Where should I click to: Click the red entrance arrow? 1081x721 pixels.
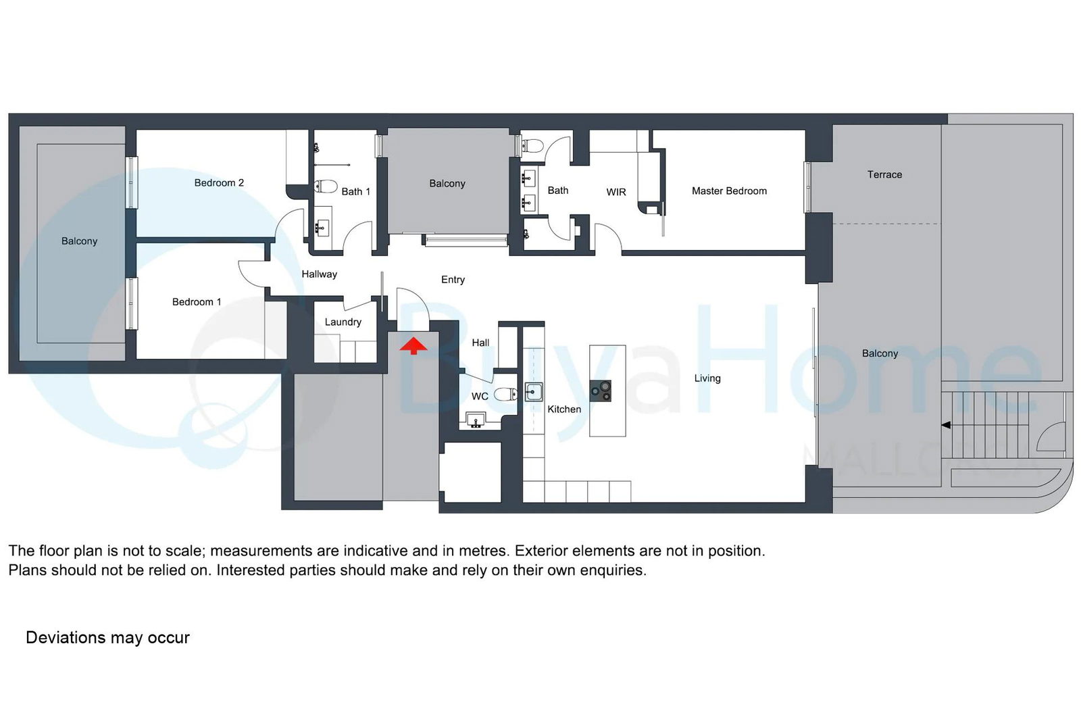(x=413, y=346)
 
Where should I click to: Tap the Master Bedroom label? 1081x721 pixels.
(x=729, y=191)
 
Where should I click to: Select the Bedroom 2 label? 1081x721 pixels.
(x=219, y=183)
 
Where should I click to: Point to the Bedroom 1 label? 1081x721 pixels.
(x=197, y=302)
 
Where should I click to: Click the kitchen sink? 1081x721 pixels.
(x=533, y=392)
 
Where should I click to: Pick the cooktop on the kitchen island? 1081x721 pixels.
(x=601, y=391)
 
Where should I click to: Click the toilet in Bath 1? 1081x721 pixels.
(x=325, y=186)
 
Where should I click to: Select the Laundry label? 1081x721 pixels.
(x=343, y=322)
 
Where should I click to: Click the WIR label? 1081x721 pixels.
(x=616, y=192)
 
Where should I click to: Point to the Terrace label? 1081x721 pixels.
(x=884, y=175)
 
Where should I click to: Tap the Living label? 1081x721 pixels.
(x=707, y=378)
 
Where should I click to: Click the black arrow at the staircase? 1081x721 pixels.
(x=946, y=425)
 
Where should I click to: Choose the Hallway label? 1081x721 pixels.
(x=320, y=274)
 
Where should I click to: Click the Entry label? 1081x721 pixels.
(x=453, y=280)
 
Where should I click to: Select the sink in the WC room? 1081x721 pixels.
(x=476, y=420)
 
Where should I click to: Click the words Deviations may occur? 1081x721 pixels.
(x=107, y=637)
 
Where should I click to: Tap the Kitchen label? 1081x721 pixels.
(x=564, y=409)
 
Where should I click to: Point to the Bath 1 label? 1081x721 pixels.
(x=356, y=192)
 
